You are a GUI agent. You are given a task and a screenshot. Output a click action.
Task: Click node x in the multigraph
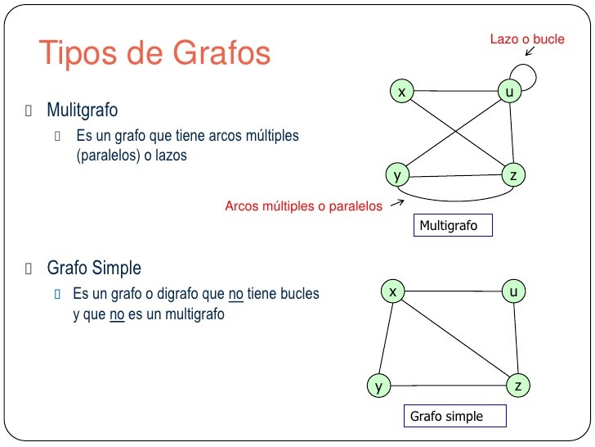point(400,93)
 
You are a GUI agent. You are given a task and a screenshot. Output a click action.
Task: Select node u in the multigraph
point(510,93)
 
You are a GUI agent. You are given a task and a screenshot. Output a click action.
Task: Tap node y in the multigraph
point(397,175)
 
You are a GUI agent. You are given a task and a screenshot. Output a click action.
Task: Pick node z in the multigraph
point(512,175)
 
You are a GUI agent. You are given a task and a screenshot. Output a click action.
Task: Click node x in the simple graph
point(393,291)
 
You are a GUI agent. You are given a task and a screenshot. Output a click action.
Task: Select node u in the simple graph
point(513,291)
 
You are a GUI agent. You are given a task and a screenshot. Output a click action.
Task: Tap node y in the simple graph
point(378,386)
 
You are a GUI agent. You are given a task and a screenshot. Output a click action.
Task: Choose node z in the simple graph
point(517,385)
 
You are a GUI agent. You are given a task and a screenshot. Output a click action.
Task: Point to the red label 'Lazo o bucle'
point(526,38)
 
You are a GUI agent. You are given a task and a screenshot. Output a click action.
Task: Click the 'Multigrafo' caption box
point(453,225)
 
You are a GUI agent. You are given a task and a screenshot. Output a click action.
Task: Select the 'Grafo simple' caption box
point(454,416)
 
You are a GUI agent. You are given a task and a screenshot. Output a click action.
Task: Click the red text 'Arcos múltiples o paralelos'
point(303,206)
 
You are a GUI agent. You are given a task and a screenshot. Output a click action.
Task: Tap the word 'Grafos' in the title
point(221,53)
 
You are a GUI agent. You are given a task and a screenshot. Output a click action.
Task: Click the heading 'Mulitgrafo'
point(83,110)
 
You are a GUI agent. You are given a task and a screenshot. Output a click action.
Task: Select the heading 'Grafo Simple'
point(94,269)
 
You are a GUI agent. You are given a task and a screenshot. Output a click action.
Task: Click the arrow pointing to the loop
point(530,51)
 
